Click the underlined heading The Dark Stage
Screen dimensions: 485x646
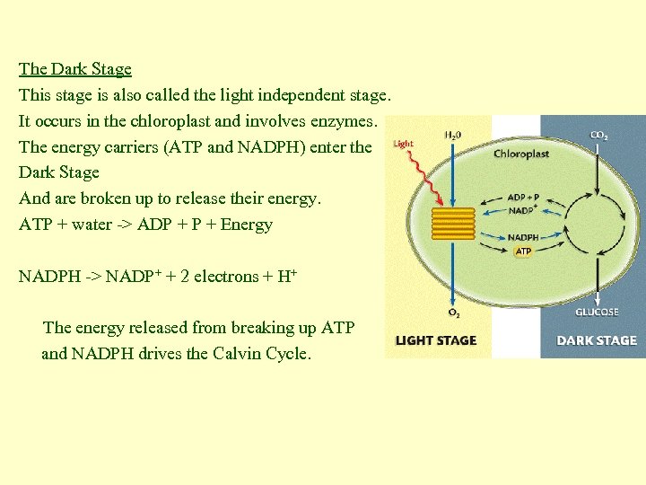(75, 69)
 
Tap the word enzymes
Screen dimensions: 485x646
(349, 120)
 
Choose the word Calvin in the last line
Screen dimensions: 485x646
(238, 353)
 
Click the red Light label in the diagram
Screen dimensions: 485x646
(404, 144)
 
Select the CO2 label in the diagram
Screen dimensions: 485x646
(598, 136)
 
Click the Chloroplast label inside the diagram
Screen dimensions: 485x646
(521, 154)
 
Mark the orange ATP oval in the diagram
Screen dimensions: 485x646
(523, 251)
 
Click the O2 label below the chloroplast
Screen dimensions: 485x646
(455, 313)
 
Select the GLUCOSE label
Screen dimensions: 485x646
(597, 313)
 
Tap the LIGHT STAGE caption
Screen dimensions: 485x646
(436, 340)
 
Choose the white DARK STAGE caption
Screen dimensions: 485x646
(597, 340)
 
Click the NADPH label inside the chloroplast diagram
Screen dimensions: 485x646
(523, 238)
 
